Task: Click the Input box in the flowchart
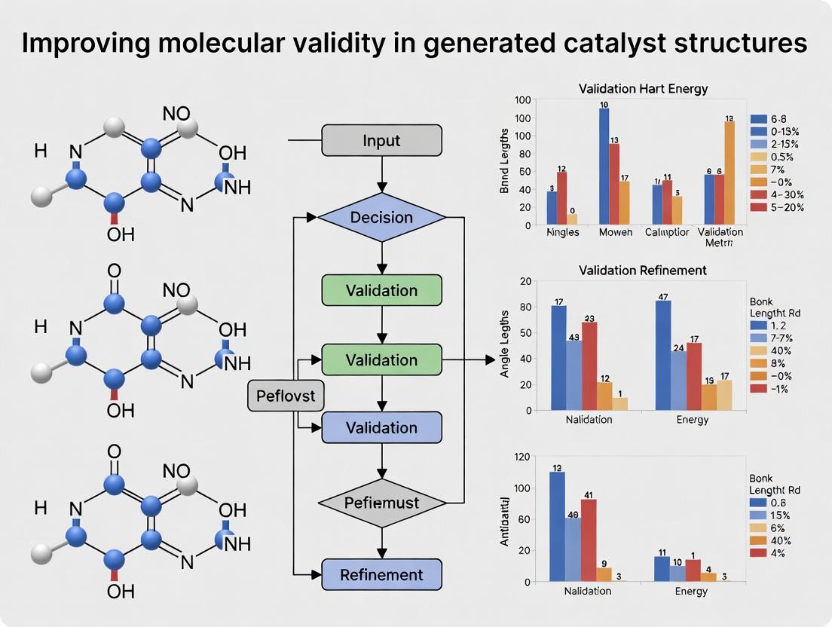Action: tap(381, 140)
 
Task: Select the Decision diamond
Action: tap(381, 217)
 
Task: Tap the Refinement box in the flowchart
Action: tap(381, 574)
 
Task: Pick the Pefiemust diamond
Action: tap(381, 501)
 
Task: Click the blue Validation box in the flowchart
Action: tap(381, 427)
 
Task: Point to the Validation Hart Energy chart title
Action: tap(643, 89)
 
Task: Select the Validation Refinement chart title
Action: tap(643, 270)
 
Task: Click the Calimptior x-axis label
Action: tap(667, 232)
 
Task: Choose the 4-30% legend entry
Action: tap(777, 195)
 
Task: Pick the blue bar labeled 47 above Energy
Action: tap(663, 354)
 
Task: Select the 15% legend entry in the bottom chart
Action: tap(776, 515)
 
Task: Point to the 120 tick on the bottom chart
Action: tap(522, 456)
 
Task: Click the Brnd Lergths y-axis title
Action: tap(505, 165)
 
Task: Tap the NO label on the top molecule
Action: tap(176, 114)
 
